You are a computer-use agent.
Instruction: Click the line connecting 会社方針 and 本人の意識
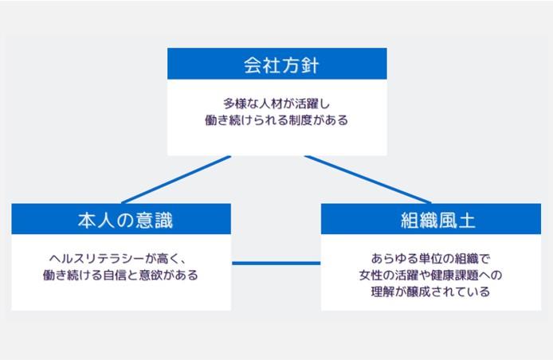[175, 179]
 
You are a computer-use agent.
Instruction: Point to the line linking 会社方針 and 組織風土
[368, 179]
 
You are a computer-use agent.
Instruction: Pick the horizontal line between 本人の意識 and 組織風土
[276, 263]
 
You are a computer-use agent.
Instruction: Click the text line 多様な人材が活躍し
[276, 104]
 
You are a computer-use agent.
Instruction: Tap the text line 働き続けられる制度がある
[276, 121]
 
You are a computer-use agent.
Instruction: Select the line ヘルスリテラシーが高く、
[121, 259]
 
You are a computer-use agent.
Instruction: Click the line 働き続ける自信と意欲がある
[121, 276]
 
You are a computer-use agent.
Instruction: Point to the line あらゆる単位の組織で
[433, 259]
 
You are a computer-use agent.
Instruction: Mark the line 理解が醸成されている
[433, 292]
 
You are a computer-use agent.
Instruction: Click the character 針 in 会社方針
[309, 65]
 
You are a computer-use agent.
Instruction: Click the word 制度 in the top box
[300, 121]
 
